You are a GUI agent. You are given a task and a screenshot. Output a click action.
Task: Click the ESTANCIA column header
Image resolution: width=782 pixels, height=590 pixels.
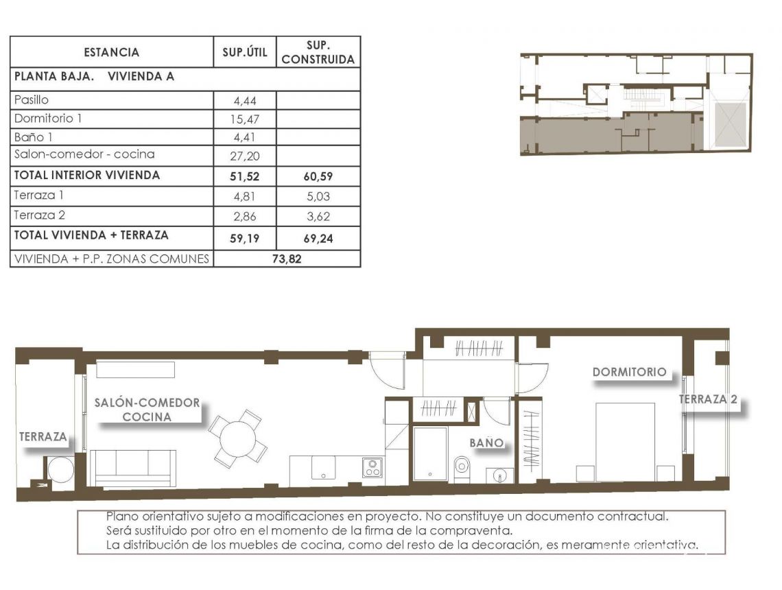(111, 52)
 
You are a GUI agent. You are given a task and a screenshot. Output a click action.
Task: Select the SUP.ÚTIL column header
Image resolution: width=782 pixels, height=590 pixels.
(245, 52)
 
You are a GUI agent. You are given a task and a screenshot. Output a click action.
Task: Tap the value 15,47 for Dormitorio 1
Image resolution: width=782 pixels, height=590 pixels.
(245, 119)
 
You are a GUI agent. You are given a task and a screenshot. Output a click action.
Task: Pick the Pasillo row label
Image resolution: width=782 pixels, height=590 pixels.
(32, 100)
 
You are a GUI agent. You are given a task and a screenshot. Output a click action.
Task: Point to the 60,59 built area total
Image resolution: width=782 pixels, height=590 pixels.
(318, 176)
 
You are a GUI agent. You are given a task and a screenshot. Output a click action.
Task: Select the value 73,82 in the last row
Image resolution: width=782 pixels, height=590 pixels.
(287, 259)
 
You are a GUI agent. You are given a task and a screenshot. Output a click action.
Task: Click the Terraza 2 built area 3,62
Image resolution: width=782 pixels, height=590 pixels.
(318, 215)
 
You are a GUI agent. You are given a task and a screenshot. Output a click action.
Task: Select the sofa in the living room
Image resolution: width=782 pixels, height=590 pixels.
(133, 468)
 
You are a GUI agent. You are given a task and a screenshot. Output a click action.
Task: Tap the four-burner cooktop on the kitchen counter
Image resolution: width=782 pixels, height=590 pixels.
(372, 468)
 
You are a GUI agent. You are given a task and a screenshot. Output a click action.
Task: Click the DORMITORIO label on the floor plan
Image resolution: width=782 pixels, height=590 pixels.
(629, 372)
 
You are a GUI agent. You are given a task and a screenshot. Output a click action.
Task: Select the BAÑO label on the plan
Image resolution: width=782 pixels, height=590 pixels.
(486, 443)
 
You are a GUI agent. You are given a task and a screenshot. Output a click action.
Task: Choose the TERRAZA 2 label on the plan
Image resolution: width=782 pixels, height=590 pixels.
(709, 399)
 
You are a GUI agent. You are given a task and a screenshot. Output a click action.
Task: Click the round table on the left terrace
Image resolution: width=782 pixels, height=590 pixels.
(59, 470)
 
